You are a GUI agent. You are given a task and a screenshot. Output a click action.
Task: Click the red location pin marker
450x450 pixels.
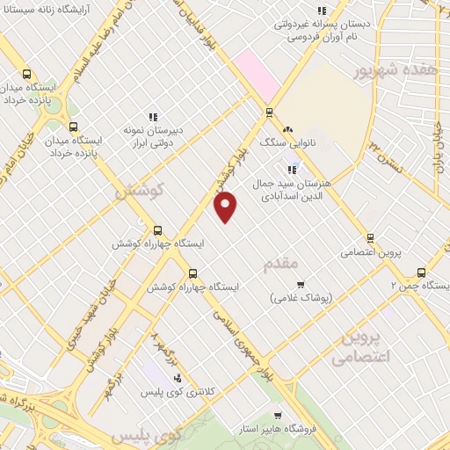(x=226, y=207)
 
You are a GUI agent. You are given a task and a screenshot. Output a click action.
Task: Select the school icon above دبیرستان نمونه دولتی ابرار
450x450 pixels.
(x=153, y=116)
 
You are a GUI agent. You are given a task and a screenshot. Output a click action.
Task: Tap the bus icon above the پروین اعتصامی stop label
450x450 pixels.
(x=369, y=237)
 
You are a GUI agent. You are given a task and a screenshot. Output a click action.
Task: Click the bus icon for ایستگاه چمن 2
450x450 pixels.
(x=421, y=272)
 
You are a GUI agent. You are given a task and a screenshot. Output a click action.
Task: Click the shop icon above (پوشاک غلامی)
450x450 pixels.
(x=301, y=284)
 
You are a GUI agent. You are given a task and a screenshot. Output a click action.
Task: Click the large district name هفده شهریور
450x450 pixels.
(x=396, y=71)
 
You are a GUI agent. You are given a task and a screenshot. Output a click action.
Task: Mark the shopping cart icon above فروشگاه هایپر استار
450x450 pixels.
(x=278, y=416)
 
